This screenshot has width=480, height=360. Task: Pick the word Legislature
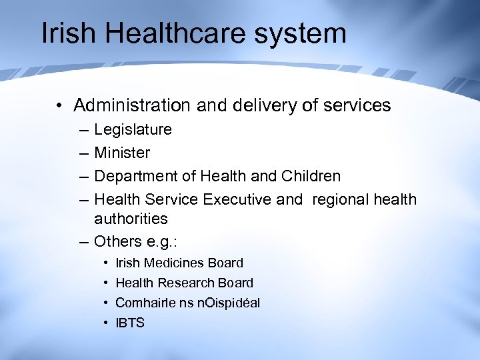[x=133, y=129]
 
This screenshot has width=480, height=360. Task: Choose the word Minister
[x=122, y=153]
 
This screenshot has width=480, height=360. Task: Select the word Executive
[x=237, y=199]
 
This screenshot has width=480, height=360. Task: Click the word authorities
[x=131, y=219]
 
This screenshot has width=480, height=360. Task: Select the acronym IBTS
[x=130, y=323]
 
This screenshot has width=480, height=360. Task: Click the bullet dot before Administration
[x=60, y=106]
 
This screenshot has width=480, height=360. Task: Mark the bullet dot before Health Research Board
[x=106, y=283]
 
